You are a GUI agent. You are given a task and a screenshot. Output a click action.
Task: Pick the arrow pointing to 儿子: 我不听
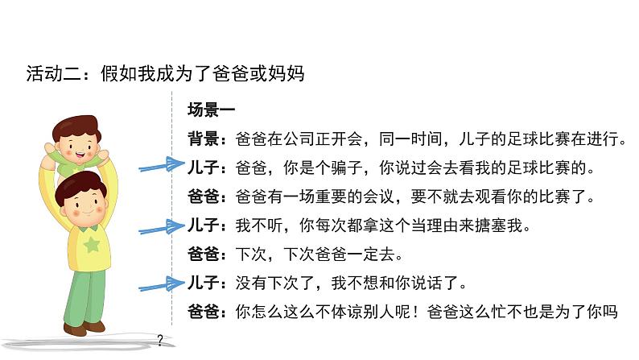coord(162,225)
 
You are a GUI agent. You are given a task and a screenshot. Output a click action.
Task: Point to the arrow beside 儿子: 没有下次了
coord(162,283)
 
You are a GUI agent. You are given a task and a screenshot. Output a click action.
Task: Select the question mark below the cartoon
coord(161,340)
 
